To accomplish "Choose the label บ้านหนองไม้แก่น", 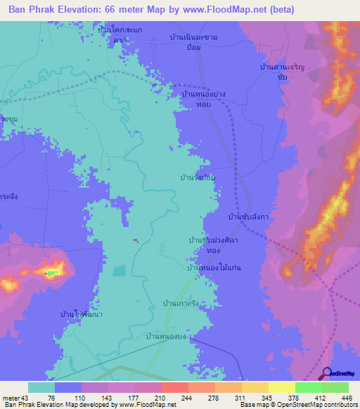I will (x=214, y=268).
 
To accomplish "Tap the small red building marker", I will (x=136, y=241).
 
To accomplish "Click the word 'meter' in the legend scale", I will (x=11, y=398).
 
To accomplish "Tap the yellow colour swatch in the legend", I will (x=281, y=387).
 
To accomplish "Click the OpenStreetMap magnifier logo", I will (x=326, y=374).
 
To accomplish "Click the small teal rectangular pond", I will (x=120, y=270).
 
